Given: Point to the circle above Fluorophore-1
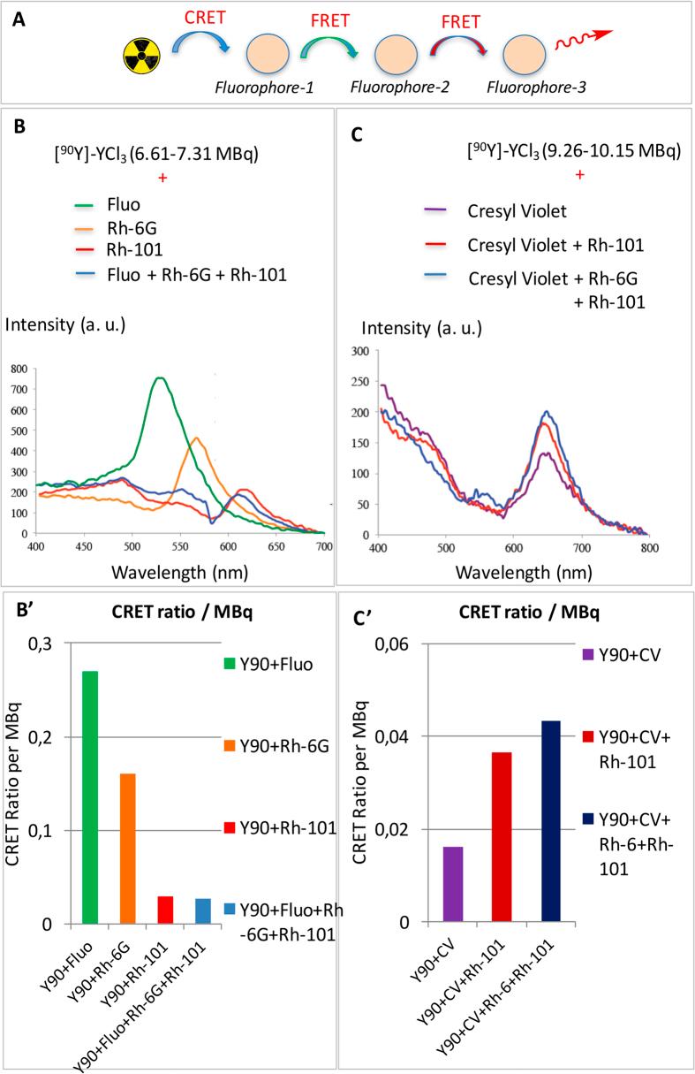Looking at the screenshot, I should point(264,57).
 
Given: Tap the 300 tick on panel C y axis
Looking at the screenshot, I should point(360,351).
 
